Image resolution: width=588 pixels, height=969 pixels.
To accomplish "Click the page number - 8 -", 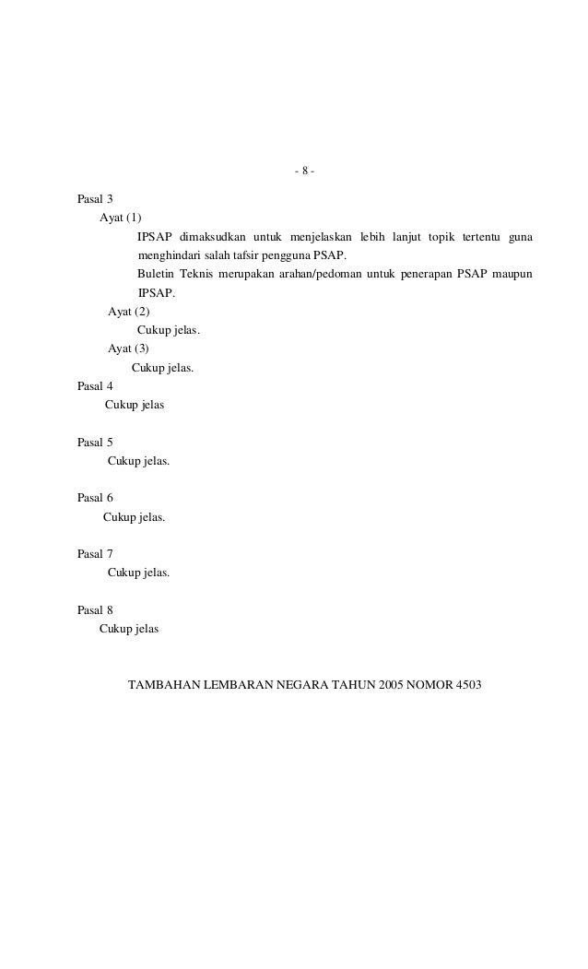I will [x=304, y=172].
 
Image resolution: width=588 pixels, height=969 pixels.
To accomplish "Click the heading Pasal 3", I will [x=96, y=199].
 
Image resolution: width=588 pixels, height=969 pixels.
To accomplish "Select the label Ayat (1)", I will [x=121, y=219].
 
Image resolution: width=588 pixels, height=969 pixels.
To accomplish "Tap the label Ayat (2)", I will [x=129, y=312].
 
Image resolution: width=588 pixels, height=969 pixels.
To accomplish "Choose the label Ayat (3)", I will [x=129, y=349].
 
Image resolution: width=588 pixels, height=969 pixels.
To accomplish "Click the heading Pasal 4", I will [x=96, y=386].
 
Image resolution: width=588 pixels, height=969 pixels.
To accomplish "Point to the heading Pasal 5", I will [x=96, y=442].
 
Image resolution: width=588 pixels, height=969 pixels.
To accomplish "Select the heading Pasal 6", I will [x=96, y=498].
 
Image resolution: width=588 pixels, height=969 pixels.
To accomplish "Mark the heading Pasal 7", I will [x=96, y=554].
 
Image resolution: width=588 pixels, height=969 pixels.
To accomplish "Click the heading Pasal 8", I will [x=96, y=609].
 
